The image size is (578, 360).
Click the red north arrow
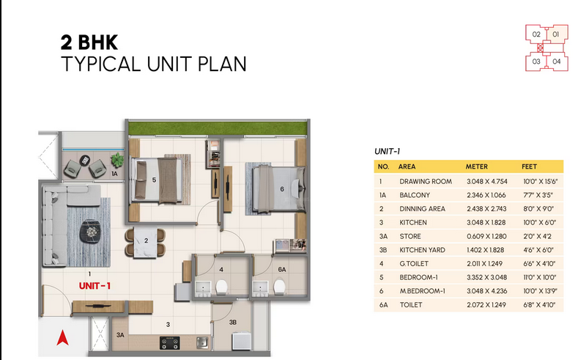click(62, 337)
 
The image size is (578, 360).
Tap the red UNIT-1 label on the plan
click(95, 286)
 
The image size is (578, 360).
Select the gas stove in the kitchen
click(169, 342)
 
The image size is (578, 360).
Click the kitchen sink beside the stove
click(202, 342)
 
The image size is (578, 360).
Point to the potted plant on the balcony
click(117, 160)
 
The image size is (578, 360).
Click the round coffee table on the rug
click(90, 231)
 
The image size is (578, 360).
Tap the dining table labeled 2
click(145, 242)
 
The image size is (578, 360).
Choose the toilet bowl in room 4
click(221, 287)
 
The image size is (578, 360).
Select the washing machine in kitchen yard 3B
click(242, 341)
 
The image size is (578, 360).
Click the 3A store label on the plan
click(120, 335)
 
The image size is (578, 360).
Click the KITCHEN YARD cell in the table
click(422, 250)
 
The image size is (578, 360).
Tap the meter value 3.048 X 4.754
click(487, 182)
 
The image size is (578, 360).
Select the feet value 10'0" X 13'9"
click(540, 291)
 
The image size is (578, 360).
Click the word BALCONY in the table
click(415, 195)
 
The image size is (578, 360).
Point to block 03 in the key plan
click(536, 62)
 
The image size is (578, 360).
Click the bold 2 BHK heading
click(89, 43)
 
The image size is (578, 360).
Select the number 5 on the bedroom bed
click(154, 180)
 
